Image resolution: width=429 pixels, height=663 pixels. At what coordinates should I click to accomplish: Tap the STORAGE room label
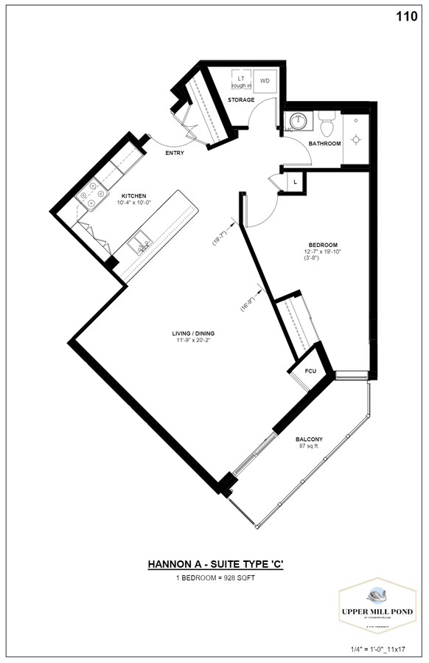(241, 100)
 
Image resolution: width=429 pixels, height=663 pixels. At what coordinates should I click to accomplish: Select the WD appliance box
(265, 80)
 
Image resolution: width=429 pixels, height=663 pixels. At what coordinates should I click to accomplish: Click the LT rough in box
(241, 80)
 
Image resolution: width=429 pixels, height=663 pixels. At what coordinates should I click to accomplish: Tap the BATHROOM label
(324, 144)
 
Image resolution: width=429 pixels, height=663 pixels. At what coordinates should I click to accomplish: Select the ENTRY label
(175, 153)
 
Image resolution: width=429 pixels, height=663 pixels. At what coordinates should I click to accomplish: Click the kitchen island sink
(139, 243)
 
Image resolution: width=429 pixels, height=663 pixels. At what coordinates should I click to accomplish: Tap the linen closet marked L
(295, 181)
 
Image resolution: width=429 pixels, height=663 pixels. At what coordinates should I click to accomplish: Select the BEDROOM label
(323, 245)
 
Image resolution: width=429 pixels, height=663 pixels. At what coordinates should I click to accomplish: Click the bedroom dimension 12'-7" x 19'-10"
(323, 251)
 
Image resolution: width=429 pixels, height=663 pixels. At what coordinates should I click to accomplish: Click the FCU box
(310, 370)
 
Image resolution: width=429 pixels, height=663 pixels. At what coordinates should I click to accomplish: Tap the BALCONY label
(310, 440)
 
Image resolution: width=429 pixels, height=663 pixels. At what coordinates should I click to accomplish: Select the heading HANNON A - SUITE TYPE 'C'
(214, 565)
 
